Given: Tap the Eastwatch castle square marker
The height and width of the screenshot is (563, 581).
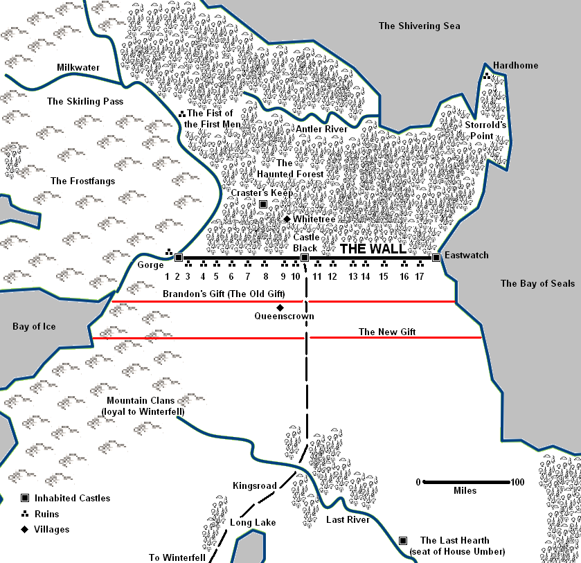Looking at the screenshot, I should pyautogui.click(x=436, y=258).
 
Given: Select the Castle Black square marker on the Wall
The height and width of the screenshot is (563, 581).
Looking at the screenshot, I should pyautogui.click(x=305, y=258).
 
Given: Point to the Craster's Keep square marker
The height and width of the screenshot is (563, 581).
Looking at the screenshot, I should pyautogui.click(x=263, y=204).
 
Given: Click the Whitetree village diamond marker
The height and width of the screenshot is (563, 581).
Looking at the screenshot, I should pyautogui.click(x=287, y=219).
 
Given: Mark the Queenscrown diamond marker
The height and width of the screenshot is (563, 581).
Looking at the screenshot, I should pyautogui.click(x=280, y=307).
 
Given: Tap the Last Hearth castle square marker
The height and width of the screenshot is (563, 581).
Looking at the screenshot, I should pyautogui.click(x=403, y=540).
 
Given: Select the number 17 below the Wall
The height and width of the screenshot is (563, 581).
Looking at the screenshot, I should pyautogui.click(x=420, y=276).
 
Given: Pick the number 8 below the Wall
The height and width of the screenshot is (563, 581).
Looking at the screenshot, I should pyautogui.click(x=265, y=276).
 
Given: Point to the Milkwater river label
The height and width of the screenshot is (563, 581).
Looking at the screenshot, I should pyautogui.click(x=78, y=67).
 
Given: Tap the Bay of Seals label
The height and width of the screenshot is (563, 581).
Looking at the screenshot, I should pyautogui.click(x=537, y=283).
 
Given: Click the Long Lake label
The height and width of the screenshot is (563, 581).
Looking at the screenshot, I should pyautogui.click(x=253, y=522).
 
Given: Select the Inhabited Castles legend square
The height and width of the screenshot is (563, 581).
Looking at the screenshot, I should pyautogui.click(x=25, y=498).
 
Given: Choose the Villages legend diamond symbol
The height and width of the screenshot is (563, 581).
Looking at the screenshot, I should pyautogui.click(x=25, y=530).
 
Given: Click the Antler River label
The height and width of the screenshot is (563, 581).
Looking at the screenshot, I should pyautogui.click(x=321, y=129).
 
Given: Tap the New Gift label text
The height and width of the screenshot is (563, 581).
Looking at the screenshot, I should pyautogui.click(x=386, y=332).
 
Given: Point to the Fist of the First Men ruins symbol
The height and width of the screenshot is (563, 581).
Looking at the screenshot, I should pyautogui.click(x=181, y=113).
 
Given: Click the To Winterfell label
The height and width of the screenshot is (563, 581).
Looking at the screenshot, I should pyautogui.click(x=177, y=557).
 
